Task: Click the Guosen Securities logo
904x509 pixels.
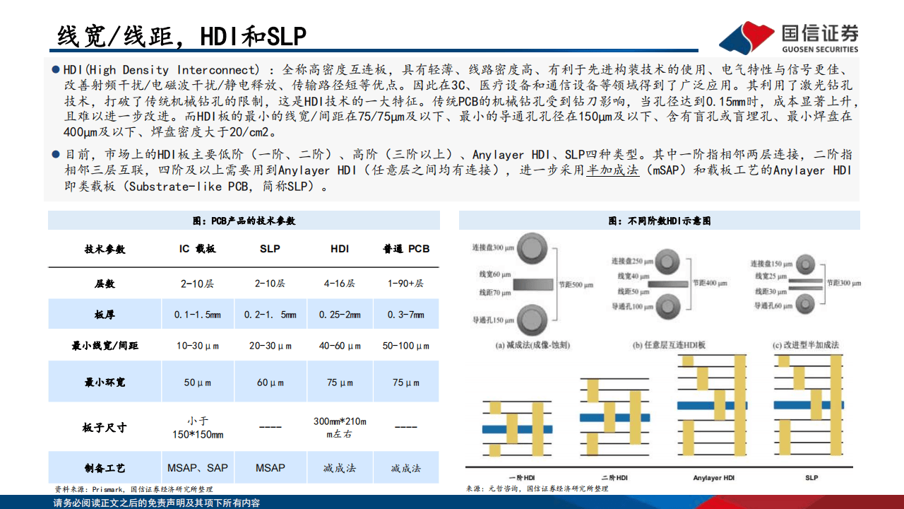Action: coord(789,37)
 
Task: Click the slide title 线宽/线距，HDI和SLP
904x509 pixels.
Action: coord(182,35)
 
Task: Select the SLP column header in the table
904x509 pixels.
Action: coord(270,249)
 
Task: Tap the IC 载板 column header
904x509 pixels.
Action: coord(197,249)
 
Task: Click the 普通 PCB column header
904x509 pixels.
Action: coord(406,249)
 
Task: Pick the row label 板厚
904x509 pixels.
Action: coord(105,315)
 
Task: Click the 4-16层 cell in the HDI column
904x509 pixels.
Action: coord(339,283)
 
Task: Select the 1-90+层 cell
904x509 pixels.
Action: coord(406,283)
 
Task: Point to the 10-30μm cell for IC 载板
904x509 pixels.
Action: coord(197,346)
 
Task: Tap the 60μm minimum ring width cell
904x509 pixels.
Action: coord(270,382)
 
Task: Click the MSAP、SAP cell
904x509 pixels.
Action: coord(197,467)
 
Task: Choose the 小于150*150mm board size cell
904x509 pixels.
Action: coord(197,427)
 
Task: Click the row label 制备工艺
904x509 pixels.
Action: coord(105,467)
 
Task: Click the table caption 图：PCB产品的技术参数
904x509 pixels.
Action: coord(244,221)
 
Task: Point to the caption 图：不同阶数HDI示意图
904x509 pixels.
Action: coord(659,221)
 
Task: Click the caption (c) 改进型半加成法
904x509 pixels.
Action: coord(806,345)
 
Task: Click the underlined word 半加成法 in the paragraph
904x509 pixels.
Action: coord(612,170)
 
